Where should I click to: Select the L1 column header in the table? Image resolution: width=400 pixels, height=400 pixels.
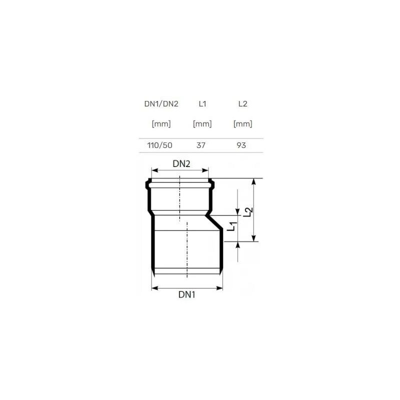202,104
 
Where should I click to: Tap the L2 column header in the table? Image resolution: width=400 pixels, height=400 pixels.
242,104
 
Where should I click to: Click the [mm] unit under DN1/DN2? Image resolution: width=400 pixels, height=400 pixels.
161,124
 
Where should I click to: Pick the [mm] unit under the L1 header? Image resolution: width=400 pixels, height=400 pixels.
202,124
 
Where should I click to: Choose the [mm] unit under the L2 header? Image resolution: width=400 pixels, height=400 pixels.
242,124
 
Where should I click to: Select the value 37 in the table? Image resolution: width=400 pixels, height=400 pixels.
202,145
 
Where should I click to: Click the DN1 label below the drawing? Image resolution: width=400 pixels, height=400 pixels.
186,295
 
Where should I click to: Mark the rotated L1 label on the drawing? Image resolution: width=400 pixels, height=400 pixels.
230,226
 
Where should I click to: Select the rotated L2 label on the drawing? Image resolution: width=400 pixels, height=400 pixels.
246,212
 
